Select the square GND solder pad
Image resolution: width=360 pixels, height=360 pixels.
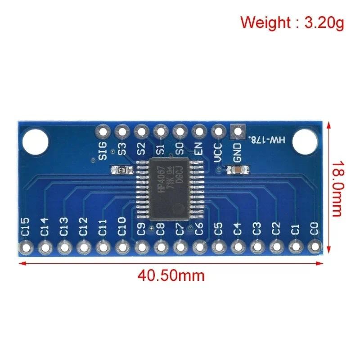tap(237, 132)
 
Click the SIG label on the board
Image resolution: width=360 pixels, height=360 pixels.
tap(103, 150)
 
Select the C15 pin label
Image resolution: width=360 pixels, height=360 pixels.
tap(25, 226)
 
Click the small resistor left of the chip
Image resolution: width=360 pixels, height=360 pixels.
tap(122, 170)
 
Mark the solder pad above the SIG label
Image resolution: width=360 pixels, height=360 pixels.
tap(103, 132)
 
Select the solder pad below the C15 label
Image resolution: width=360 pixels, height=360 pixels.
tap(25, 247)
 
